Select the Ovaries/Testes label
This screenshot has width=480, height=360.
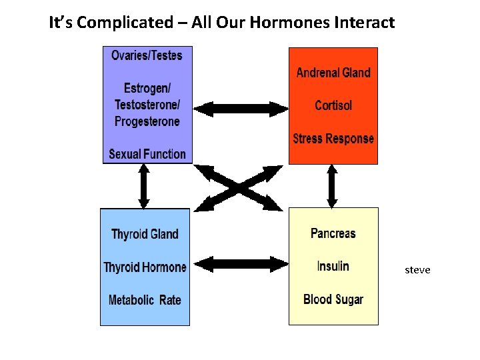[147, 55]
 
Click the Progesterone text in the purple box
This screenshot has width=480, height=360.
[147, 121]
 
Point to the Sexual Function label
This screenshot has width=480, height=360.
[147, 154]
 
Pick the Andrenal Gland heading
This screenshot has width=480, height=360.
[333, 73]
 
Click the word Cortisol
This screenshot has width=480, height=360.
[333, 105]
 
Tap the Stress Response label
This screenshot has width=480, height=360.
[333, 139]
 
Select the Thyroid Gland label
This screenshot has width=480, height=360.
[145, 234]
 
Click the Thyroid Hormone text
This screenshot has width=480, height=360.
[145, 267]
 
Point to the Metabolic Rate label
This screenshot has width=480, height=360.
[145, 300]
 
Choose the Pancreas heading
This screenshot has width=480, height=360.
[333, 233]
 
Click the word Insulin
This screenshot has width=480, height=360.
[333, 266]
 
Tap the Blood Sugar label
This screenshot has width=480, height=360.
[333, 299]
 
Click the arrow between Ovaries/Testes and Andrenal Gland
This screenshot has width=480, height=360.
[240, 107]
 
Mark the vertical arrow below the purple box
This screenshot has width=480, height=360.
[143, 186]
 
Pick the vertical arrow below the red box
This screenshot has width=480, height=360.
[332, 186]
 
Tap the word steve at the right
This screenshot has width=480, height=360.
[417, 270]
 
